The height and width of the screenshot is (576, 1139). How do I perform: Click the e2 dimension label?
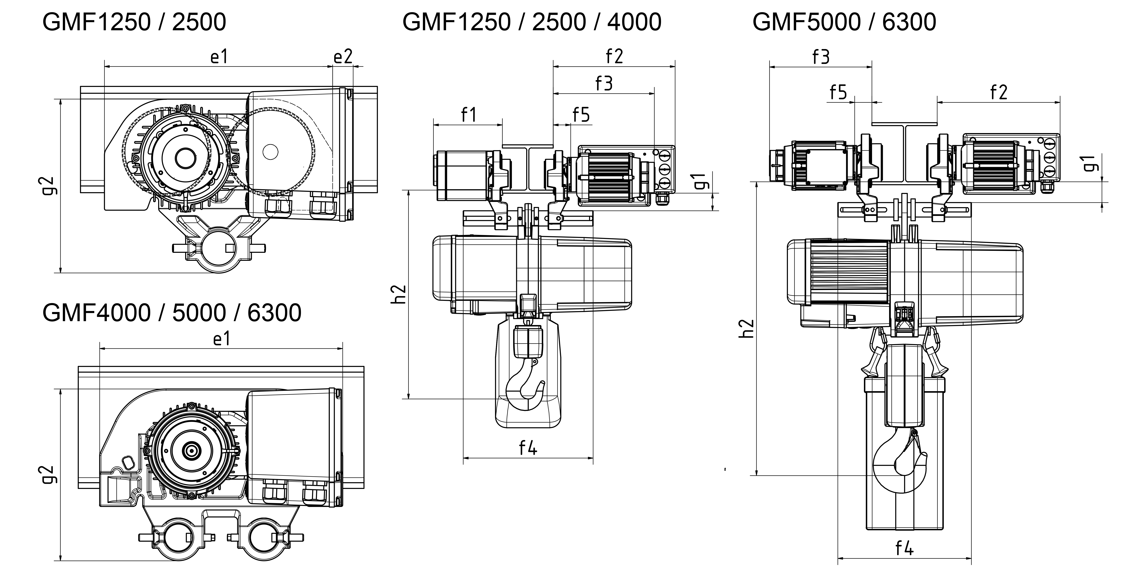[343, 57]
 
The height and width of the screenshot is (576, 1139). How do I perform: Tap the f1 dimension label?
[469, 115]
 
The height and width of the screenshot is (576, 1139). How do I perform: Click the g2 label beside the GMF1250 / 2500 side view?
[51, 186]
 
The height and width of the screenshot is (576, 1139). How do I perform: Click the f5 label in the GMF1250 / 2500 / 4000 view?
[581, 115]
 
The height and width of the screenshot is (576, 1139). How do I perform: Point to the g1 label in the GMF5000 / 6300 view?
[1092, 163]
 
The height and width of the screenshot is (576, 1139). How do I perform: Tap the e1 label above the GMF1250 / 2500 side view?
[219, 57]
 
